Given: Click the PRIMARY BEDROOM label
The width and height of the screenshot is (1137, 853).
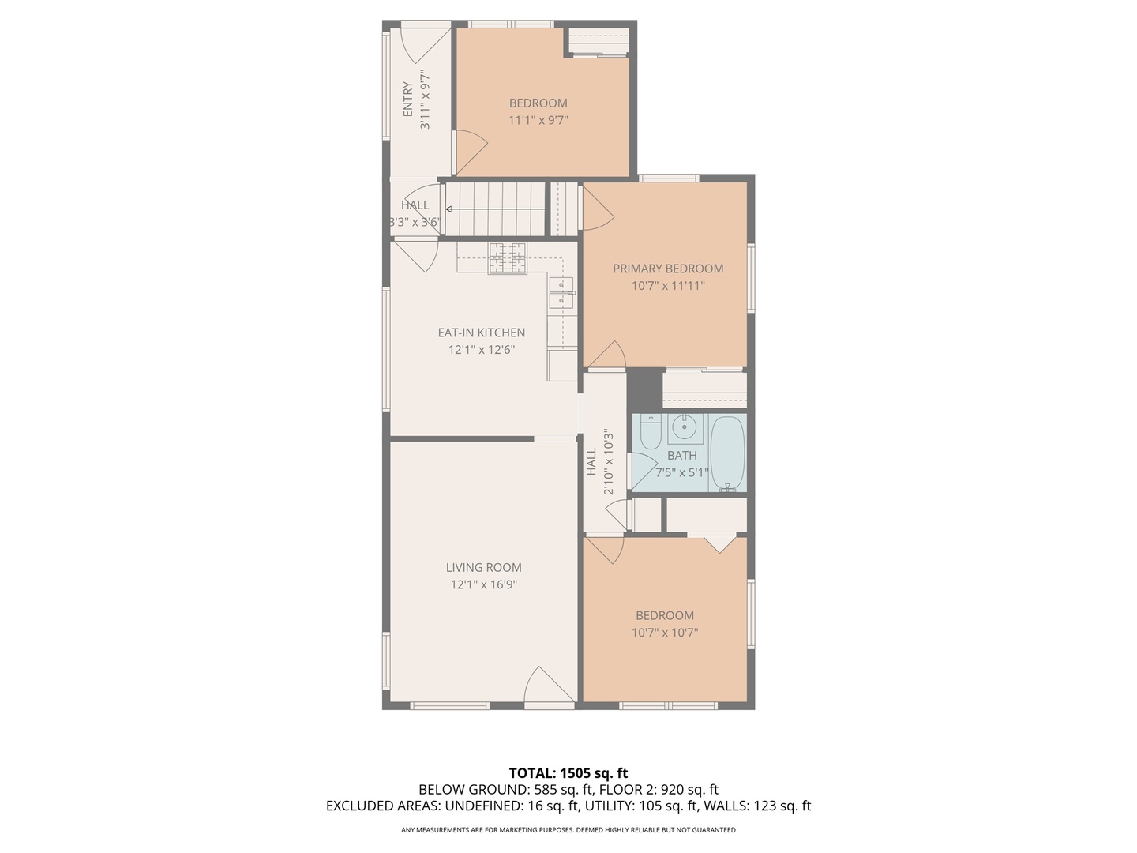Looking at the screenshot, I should pos(668,269).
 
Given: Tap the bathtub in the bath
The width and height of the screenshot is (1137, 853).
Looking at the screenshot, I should pos(728,453).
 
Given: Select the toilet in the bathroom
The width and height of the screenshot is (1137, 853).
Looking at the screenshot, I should pos(650,433).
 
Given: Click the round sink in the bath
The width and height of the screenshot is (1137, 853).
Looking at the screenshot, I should pos(683,429).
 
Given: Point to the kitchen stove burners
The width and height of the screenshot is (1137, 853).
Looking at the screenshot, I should pos(507,257).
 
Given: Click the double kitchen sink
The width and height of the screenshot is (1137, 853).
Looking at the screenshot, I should pos(561,292).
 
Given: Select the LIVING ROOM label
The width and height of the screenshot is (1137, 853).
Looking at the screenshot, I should pos(483,567).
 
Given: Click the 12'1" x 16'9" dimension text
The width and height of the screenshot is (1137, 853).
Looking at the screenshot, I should pos(483,584).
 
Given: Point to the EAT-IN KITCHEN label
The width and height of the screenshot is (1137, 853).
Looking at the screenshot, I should pos(482,333).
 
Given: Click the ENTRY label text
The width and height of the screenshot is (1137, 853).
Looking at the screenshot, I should pos(408,100).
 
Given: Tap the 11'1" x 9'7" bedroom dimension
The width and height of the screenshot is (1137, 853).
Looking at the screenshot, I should pos(538,120).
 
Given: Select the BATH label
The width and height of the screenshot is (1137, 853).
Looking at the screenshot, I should pos(682,456).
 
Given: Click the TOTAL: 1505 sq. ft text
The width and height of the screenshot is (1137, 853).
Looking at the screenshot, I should pos(568,773).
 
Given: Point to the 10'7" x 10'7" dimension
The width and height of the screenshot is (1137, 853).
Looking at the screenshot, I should pos(665,633).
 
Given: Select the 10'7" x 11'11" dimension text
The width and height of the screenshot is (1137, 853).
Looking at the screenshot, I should pos(668,286).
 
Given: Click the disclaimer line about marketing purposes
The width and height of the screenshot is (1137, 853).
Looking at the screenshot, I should pos(568,830).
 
